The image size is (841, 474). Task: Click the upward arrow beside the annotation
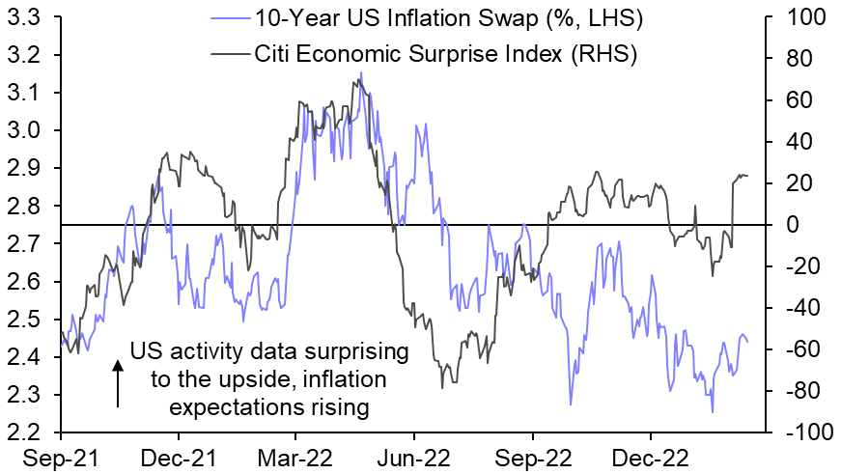pyautogui.click(x=117, y=382)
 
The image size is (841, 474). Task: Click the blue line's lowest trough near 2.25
pyautogui.click(x=713, y=412)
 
